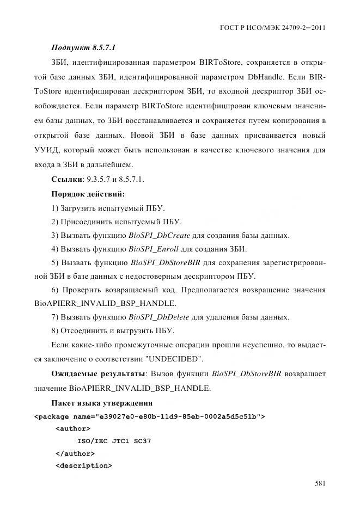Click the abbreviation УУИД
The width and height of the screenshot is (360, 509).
(x=65, y=150)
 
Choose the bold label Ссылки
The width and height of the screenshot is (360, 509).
(x=67, y=179)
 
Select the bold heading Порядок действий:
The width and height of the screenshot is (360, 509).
(x=88, y=194)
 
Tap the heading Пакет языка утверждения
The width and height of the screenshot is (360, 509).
(x=101, y=403)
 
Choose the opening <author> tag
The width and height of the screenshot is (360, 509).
(x=73, y=429)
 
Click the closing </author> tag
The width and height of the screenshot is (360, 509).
(x=75, y=453)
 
